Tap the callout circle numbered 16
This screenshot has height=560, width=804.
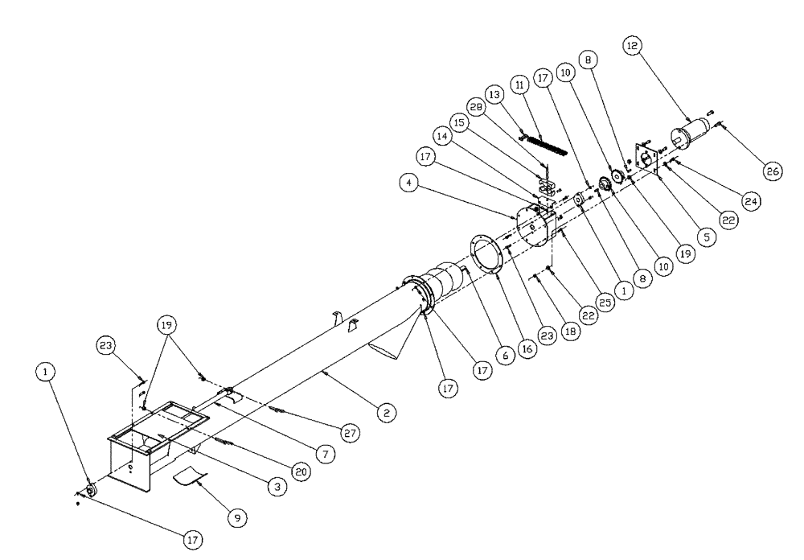pos(527,351)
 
